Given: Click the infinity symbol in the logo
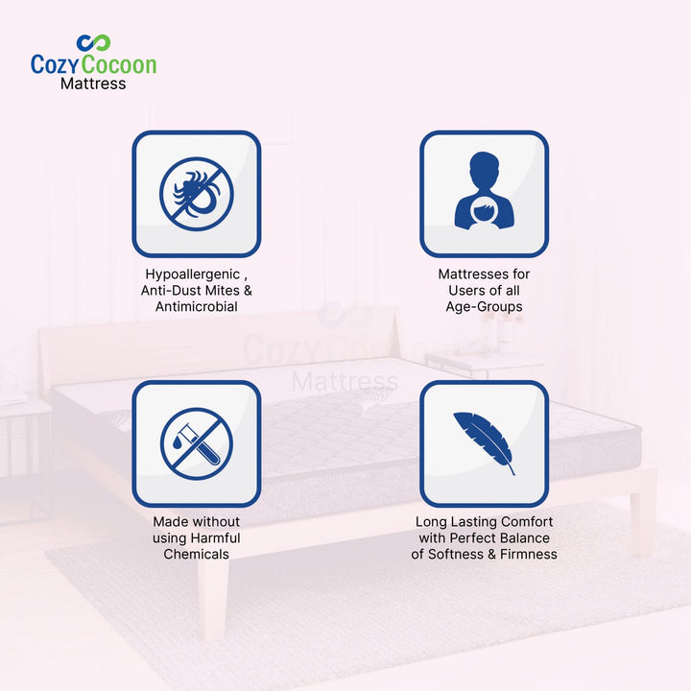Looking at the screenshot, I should click(x=94, y=43).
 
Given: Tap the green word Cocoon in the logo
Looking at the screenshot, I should click(x=120, y=64).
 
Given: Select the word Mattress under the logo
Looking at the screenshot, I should click(x=93, y=83).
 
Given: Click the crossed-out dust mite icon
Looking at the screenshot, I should click(x=196, y=194).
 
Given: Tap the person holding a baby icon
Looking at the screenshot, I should click(x=484, y=195).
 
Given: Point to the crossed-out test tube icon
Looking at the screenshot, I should click(x=196, y=443).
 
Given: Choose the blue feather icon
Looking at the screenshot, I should click(x=484, y=442).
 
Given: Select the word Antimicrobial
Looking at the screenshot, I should click(x=196, y=306).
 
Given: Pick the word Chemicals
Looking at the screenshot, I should click(x=196, y=554).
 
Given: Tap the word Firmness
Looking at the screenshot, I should click(x=530, y=554).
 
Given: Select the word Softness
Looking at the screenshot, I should click(x=465, y=554).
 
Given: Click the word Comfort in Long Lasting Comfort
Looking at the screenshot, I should click(x=526, y=521).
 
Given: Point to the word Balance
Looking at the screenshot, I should click(x=527, y=537).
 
